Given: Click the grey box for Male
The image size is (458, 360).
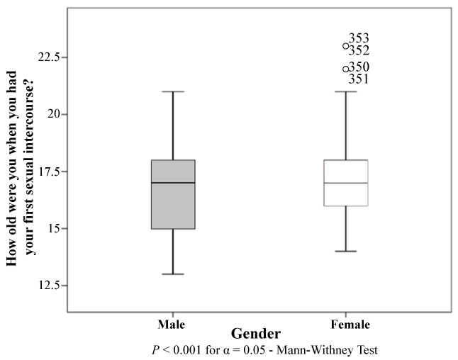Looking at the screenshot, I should point(173,206).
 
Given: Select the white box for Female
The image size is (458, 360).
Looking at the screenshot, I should point(346,195).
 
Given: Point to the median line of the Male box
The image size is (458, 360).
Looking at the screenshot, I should point(173,183).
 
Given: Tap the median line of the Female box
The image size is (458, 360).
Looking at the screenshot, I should point(346,183).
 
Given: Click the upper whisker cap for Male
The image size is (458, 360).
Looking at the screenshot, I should point(173,91).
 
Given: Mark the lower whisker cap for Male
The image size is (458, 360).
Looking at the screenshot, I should point(173,274).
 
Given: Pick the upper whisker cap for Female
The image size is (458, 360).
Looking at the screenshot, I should point(346,91).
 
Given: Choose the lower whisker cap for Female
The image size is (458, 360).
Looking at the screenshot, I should point(346,251).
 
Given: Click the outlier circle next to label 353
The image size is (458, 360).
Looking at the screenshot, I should point(346,46).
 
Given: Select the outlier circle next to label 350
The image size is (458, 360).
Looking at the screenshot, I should point(346,69).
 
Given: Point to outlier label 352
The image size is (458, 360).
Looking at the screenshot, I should point(359,51).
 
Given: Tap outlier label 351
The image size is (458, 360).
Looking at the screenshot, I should point(359,79).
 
